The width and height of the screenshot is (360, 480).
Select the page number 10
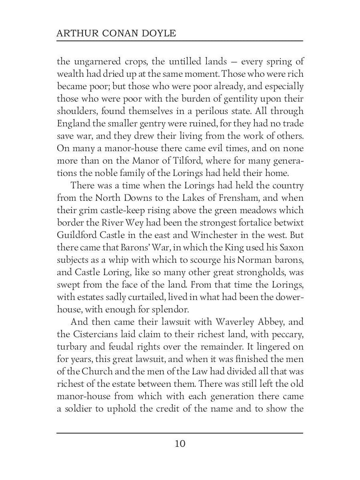180,444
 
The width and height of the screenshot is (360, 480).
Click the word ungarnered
93,62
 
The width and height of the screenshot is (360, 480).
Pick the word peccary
286,322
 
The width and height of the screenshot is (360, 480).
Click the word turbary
72,334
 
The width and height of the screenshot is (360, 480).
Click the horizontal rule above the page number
180,433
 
